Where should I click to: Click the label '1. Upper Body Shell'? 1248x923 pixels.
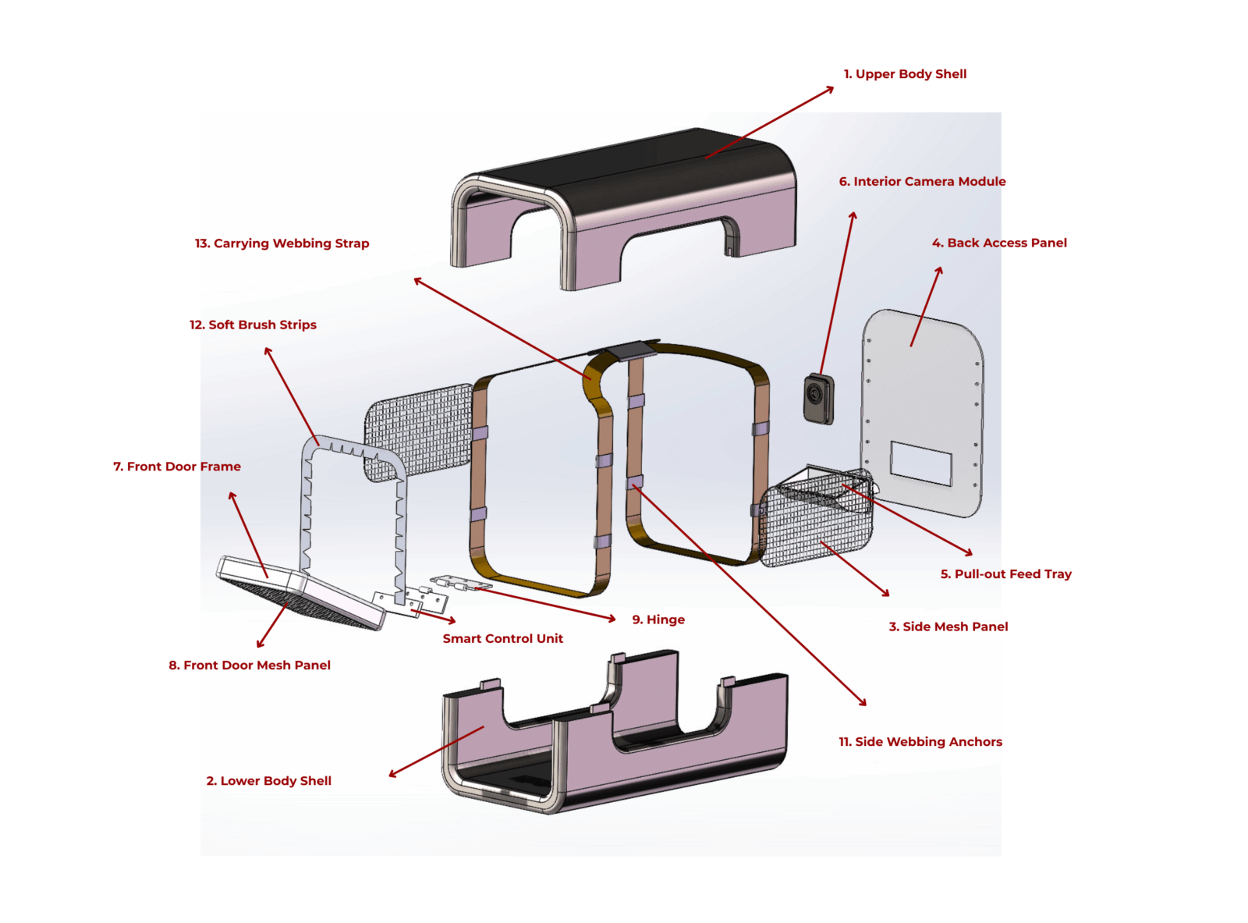pyautogui.click(x=905, y=74)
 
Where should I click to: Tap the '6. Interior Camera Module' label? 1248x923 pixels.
pyautogui.click(x=922, y=182)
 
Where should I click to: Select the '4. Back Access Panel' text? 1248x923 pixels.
pyautogui.click(x=999, y=243)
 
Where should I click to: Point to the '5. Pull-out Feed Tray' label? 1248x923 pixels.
pyautogui.click(x=1005, y=574)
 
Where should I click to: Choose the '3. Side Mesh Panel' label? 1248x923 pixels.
pyautogui.click(x=948, y=627)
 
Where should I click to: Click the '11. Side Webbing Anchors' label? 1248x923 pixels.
pyautogui.click(x=920, y=742)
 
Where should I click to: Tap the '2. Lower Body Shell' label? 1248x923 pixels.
pyautogui.click(x=268, y=781)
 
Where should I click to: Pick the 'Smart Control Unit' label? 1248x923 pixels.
pyautogui.click(x=502, y=639)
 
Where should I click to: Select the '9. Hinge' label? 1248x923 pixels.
pyautogui.click(x=658, y=620)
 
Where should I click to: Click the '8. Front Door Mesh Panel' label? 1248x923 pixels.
pyautogui.click(x=250, y=666)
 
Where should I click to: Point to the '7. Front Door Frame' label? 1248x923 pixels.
pyautogui.click(x=177, y=467)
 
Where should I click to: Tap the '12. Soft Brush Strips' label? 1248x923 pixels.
pyautogui.click(x=253, y=325)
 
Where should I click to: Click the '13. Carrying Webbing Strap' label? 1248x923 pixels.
pyautogui.click(x=282, y=243)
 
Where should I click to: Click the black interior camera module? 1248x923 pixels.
pyautogui.click(x=818, y=399)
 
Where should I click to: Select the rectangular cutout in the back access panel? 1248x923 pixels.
pyautogui.click(x=921, y=463)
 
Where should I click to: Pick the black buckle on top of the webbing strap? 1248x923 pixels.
pyautogui.click(x=633, y=350)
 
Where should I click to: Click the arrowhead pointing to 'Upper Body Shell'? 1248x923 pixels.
pyautogui.click(x=830, y=89)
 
